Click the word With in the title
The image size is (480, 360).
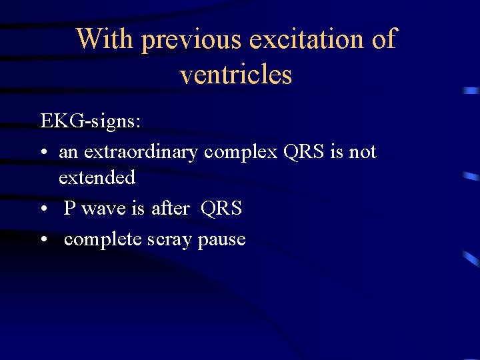(104, 39)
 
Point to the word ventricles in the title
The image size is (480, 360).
(236, 74)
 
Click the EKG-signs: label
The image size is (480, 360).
(90, 121)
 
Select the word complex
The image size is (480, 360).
(241, 153)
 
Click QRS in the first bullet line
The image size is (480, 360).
(305, 152)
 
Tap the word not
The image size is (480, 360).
(363, 152)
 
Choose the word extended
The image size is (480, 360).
(97, 177)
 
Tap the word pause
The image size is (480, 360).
(222, 240)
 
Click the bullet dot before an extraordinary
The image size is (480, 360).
(43, 153)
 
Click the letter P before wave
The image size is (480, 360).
(69, 209)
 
